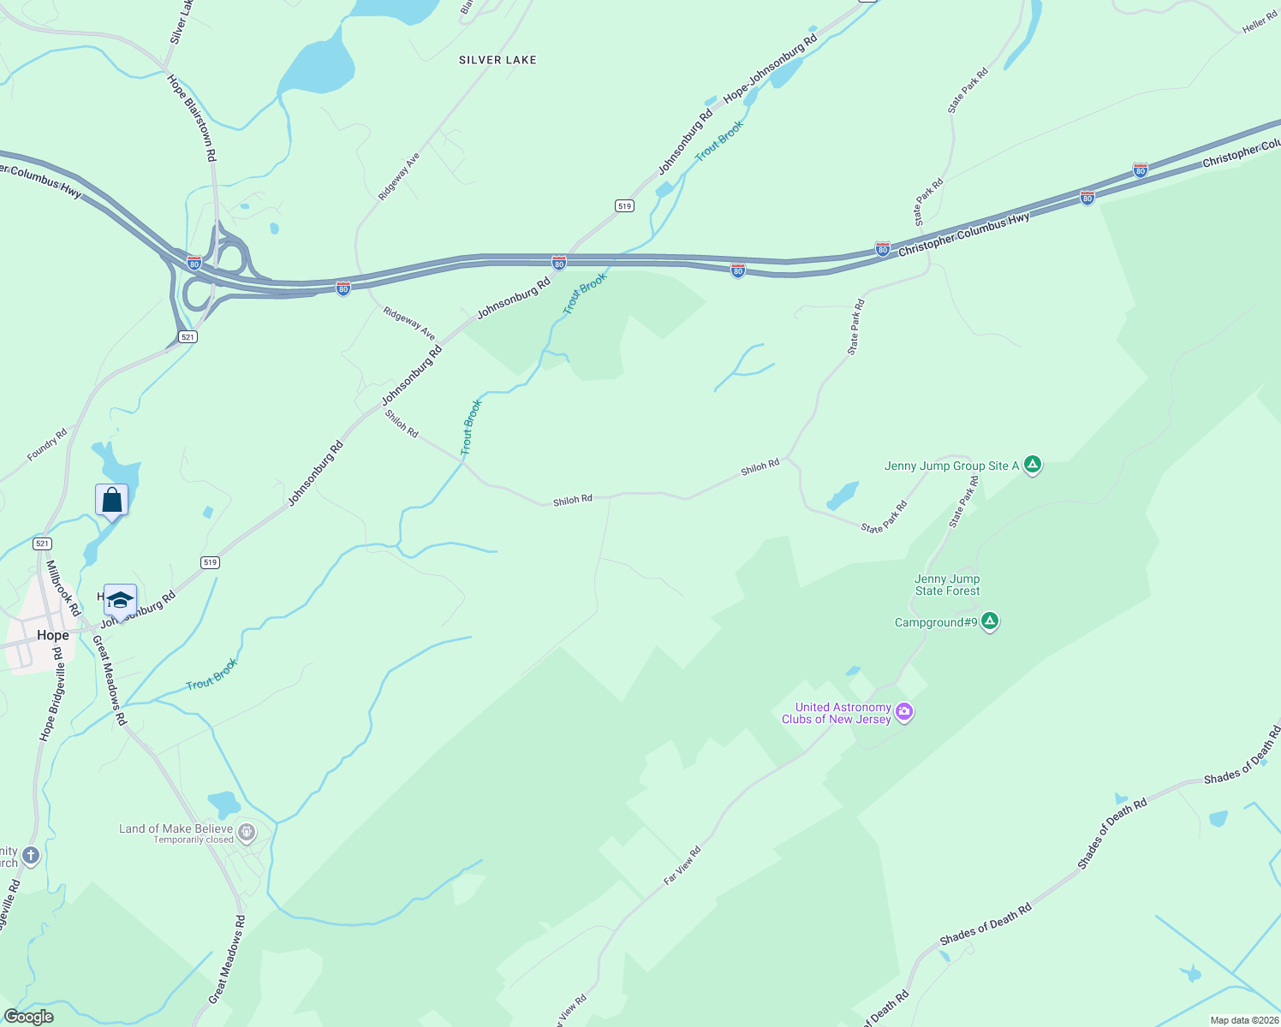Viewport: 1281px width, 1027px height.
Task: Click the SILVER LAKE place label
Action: [x=498, y=60]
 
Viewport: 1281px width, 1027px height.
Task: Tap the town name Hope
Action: [x=52, y=635]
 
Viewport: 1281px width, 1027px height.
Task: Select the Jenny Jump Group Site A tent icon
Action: [x=1033, y=465]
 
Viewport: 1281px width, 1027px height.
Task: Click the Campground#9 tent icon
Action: [x=990, y=621]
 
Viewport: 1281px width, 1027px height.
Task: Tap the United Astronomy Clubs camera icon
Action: [x=904, y=712]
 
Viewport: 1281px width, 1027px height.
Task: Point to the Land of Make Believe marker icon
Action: [x=247, y=831]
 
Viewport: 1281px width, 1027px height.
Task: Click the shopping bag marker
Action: [x=112, y=500]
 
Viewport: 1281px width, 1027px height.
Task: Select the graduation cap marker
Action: [x=120, y=600]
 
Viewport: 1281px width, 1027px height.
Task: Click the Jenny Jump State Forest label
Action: [x=947, y=585]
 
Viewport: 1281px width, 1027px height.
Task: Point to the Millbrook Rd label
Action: [x=63, y=588]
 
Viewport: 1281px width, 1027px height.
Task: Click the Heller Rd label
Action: [x=1260, y=24]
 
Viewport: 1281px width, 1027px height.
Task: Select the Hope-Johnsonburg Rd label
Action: [x=771, y=68]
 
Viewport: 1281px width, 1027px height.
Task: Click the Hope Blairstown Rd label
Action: [x=193, y=118]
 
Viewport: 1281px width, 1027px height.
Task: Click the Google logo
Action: [x=29, y=1017]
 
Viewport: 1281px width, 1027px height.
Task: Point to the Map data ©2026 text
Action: [x=1243, y=1020]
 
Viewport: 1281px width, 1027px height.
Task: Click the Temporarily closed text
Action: [x=194, y=840]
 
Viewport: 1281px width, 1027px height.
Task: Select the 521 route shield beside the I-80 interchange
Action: [x=188, y=337]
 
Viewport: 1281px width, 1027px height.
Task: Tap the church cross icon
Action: [x=30, y=856]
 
